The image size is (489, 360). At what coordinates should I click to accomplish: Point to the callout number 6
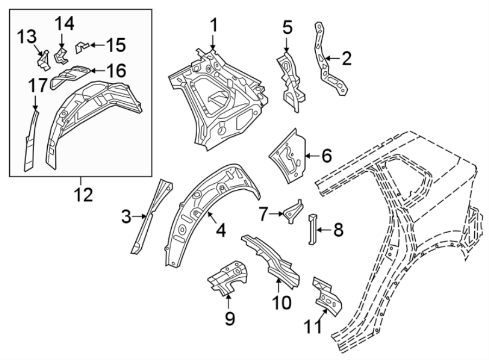point(327,156)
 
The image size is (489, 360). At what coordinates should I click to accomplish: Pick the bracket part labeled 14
point(61,54)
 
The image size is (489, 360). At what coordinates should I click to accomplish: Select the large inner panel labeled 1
point(217,103)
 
